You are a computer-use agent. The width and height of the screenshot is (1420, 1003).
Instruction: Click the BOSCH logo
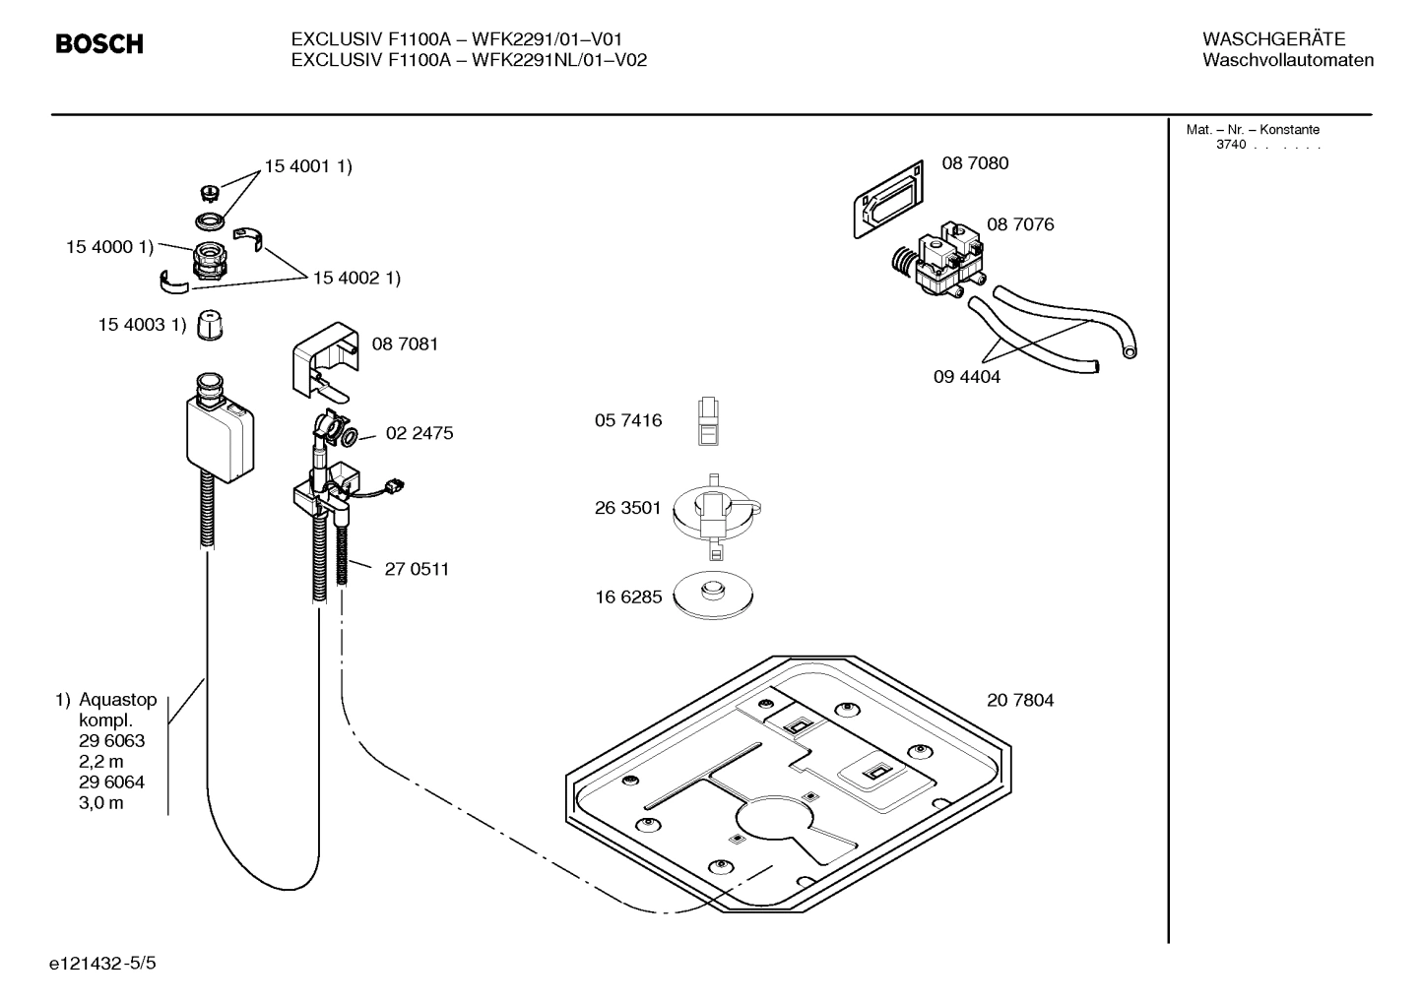[99, 44]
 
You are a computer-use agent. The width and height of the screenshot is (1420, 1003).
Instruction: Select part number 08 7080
[975, 163]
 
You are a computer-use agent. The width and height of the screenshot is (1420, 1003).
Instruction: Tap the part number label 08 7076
[1020, 224]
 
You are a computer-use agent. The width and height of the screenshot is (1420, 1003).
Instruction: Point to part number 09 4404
[966, 377]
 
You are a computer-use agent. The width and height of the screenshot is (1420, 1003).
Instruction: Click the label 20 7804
[1020, 701]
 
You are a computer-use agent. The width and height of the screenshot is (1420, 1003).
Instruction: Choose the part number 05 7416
[628, 421]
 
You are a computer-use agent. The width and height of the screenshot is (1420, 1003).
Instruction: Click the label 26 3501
[628, 509]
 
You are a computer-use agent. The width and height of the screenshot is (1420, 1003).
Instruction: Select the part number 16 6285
[628, 596]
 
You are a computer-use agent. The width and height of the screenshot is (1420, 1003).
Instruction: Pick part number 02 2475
[420, 433]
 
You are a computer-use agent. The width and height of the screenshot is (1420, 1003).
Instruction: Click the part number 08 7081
[405, 344]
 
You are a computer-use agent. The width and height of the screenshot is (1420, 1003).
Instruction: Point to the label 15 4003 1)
[142, 325]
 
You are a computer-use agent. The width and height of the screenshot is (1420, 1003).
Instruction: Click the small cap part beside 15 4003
[208, 325]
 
